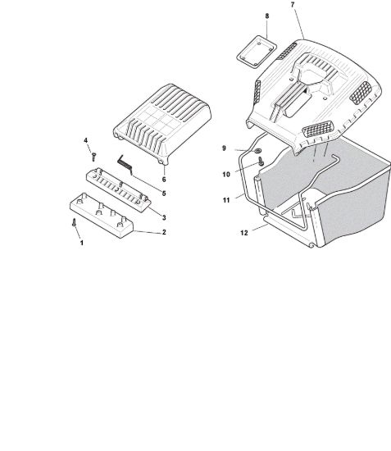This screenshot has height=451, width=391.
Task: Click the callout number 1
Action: tap(82, 243)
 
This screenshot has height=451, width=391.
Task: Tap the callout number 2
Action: tap(164, 232)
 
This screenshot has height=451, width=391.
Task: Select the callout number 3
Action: tap(164, 218)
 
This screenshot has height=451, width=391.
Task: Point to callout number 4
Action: tap(86, 140)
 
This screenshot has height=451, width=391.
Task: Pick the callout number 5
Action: tap(164, 194)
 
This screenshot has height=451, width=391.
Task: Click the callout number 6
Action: tap(164, 180)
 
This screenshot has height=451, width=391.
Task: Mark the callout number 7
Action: tap(293, 5)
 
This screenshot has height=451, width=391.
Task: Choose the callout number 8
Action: tap(267, 16)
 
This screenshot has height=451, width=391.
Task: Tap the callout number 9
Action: tap(225, 148)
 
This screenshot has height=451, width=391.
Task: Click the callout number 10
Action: tap(226, 175)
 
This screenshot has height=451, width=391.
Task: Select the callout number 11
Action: tap(226, 200)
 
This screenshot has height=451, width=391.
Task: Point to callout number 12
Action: tap(244, 233)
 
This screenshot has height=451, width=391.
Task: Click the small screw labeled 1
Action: tap(74, 222)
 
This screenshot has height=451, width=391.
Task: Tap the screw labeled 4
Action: tap(93, 157)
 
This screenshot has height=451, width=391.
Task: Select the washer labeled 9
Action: tap(257, 150)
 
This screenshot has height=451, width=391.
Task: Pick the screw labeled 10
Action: tap(261, 161)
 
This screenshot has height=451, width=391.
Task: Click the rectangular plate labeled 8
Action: tap(257, 52)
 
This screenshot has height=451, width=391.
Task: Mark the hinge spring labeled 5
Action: tap(125, 165)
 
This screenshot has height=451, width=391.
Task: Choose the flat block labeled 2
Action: tap(102, 215)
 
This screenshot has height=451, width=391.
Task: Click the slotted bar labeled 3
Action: tap(119, 190)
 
